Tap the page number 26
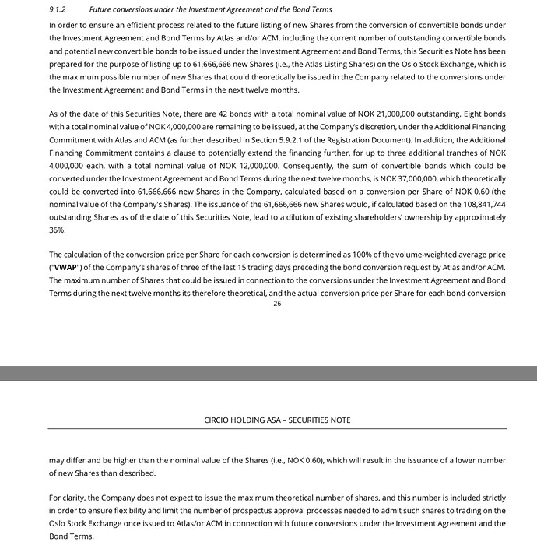[x=277, y=304]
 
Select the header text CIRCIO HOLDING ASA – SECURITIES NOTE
[x=277, y=420]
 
